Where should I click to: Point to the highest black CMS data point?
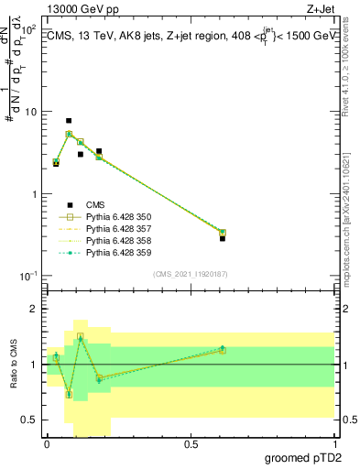tap(69, 121)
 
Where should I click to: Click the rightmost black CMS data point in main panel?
tap(223, 238)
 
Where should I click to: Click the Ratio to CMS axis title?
tap(13, 364)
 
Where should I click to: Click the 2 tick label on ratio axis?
tap(33, 310)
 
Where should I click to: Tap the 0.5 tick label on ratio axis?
tap(30, 420)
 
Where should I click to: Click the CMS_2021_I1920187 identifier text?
tap(190, 274)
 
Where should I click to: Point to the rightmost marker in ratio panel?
tap(223, 349)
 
